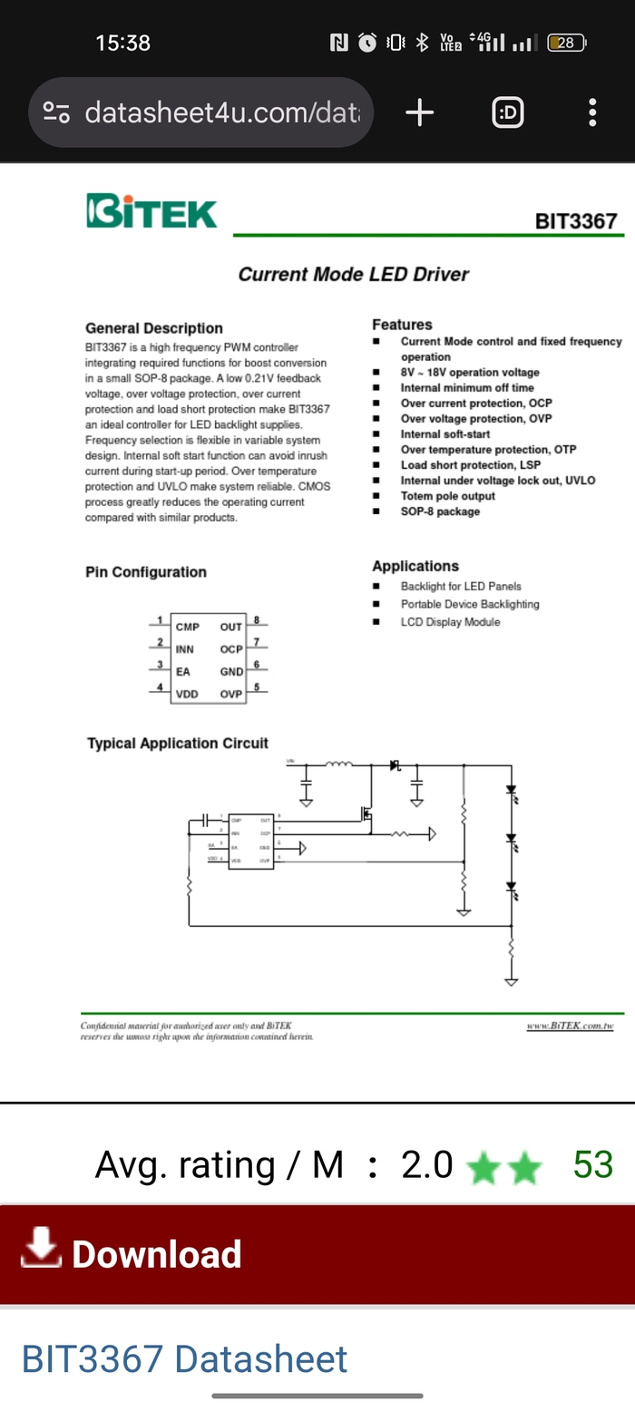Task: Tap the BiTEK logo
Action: [151, 210]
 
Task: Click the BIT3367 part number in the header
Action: [575, 221]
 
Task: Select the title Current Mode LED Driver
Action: [353, 274]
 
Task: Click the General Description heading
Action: [153, 328]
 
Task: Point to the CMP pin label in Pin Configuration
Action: [188, 627]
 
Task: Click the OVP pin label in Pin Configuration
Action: [231, 695]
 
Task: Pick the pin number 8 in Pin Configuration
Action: [257, 620]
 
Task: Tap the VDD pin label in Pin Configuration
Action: [187, 695]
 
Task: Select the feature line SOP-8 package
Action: [440, 511]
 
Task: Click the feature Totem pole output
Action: [447, 496]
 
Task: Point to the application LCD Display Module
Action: [450, 622]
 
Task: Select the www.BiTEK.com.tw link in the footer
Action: [570, 1026]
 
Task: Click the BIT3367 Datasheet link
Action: [184, 1359]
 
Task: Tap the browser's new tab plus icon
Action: [419, 112]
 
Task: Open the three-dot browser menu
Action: [591, 112]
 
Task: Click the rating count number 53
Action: [593, 1165]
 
